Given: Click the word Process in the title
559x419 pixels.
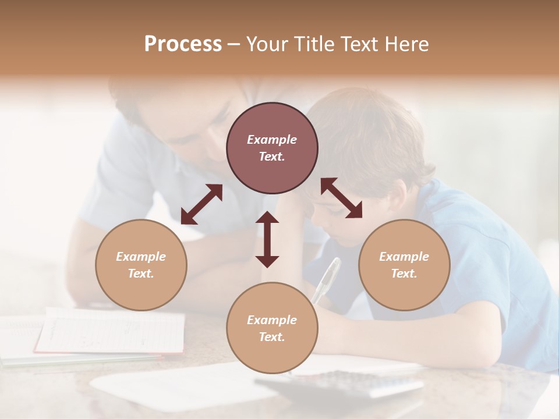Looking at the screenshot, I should click(183, 44).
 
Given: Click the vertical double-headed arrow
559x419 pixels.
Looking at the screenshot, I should click(267, 239).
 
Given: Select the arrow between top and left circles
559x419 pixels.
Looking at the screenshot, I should click(201, 204).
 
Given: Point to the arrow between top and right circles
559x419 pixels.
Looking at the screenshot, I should click(342, 198).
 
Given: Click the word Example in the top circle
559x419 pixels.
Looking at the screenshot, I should click(272, 140).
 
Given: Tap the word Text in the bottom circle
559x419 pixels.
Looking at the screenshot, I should click(272, 337).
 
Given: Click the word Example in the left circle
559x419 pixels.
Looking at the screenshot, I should click(141, 257).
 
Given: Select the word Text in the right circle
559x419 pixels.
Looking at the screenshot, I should click(404, 274).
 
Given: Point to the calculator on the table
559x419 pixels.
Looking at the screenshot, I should click(344, 384).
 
